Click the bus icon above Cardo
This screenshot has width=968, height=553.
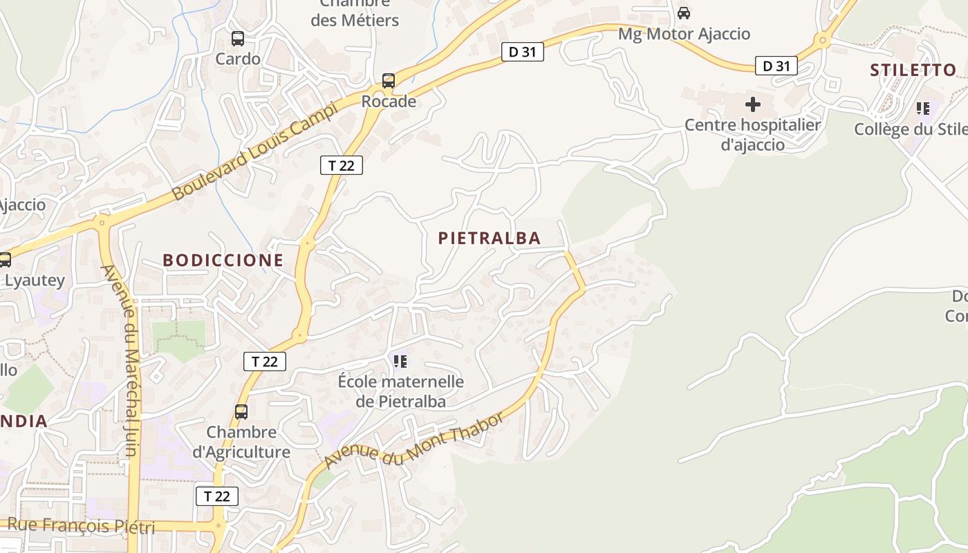[238, 39]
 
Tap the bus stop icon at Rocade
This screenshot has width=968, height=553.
[389, 81]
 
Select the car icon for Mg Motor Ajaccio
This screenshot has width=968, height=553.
[684, 13]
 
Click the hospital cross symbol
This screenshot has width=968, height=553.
[753, 104]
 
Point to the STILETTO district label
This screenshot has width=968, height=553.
[913, 70]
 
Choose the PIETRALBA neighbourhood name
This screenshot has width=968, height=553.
[490, 238]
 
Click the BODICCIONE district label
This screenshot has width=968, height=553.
[223, 261]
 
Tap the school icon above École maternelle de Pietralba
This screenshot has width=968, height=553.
[400, 361]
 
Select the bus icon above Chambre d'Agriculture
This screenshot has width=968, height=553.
[241, 412]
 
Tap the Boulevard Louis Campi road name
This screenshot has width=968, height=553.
[255, 151]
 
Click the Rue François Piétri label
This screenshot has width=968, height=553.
[77, 526]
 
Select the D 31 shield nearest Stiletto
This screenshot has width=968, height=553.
[776, 66]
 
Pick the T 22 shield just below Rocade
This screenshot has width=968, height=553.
[342, 165]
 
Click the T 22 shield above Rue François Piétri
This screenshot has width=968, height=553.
[217, 496]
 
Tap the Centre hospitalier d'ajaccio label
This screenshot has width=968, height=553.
[752, 135]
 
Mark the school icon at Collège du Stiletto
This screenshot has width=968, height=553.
[923, 109]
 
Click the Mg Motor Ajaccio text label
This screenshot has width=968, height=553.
[684, 34]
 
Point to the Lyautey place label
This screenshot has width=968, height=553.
[35, 281]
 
